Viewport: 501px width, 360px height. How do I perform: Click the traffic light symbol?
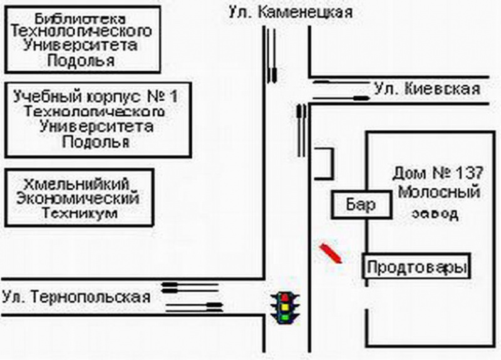pyautogui.click(x=284, y=307)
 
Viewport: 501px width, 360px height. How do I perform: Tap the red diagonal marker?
pyautogui.click(x=330, y=253)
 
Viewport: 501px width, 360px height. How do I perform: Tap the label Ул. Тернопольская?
pyautogui.click(x=76, y=296)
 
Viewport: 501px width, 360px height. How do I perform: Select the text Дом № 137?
pyautogui.click(x=438, y=172)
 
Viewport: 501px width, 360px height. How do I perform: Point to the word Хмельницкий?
pyautogui.click(x=80, y=184)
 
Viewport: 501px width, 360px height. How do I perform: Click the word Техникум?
pyautogui.click(x=80, y=213)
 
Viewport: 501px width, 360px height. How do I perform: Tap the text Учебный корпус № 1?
pyautogui.click(x=96, y=98)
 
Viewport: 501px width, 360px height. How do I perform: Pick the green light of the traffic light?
pyautogui.click(x=284, y=317)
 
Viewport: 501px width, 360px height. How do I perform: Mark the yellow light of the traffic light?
pyautogui.click(x=284, y=307)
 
